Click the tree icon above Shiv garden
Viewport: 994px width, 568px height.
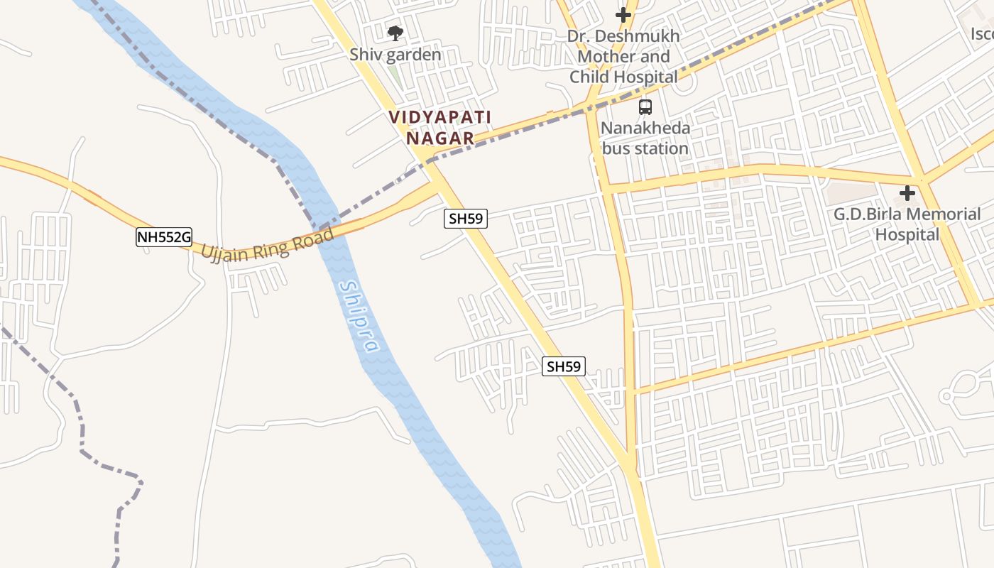[395, 33]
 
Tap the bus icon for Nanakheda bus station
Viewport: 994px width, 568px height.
[645, 107]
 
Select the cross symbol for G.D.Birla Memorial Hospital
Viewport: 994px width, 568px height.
[907, 192]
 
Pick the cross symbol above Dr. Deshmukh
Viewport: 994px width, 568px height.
[623, 14]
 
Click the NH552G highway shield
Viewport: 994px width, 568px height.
[164, 237]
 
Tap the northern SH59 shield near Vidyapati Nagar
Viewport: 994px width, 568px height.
[466, 219]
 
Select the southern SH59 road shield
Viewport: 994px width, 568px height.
[564, 366]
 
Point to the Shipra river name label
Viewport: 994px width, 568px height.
[359, 317]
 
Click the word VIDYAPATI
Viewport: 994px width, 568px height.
[440, 117]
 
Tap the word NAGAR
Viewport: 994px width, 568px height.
[440, 138]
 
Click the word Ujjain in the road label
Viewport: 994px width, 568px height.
[225, 252]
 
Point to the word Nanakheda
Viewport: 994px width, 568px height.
[645, 129]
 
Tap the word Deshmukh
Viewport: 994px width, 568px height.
[640, 36]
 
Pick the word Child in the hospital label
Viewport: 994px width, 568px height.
[594, 77]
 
